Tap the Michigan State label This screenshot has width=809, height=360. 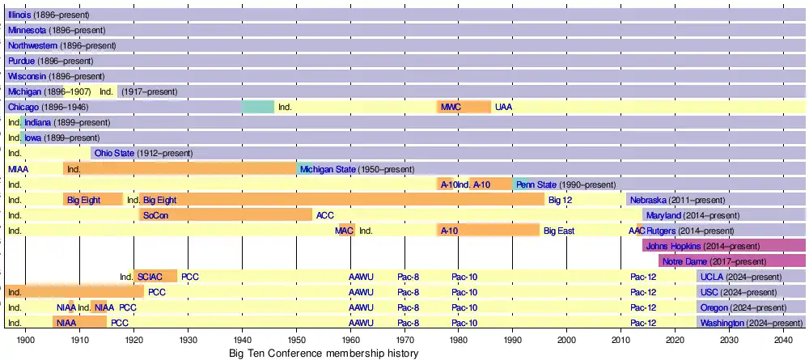[328, 169]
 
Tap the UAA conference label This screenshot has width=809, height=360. [503, 107]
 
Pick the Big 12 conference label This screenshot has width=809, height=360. [560, 200]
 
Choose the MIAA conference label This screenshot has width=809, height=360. [18, 169]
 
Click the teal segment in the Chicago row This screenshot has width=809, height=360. [258, 107]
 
